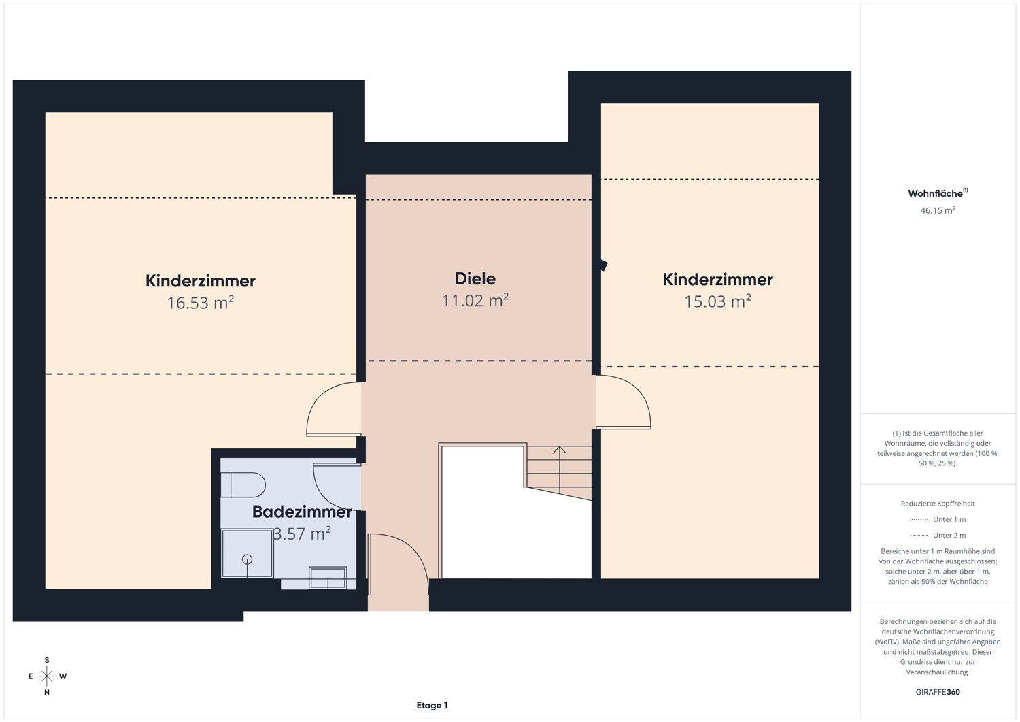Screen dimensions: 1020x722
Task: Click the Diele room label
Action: coord(475,278)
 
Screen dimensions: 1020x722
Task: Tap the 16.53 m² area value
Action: coord(201,303)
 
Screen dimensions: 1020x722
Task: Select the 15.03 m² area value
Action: coord(717,301)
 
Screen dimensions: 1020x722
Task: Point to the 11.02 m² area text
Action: coord(475,300)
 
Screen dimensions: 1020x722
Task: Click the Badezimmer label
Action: coord(303,512)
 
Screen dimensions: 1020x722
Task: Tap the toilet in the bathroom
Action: coord(243,485)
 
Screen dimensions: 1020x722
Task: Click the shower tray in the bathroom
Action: coord(247,553)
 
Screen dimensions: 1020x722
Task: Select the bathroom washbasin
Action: coord(328,578)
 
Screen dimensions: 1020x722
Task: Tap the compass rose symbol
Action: coord(46,676)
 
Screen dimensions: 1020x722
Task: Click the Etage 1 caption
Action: coord(432,705)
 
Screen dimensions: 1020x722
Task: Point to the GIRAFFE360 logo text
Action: coord(938,692)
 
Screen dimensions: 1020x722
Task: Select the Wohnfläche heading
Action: coord(938,193)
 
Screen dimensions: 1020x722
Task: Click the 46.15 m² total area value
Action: coord(938,210)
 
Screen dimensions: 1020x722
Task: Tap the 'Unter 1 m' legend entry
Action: coord(938,519)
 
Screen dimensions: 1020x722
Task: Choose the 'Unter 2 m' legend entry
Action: coord(938,535)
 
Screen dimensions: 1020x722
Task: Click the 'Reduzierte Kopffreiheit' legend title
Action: coord(938,503)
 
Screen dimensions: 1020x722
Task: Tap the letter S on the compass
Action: coord(46,660)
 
